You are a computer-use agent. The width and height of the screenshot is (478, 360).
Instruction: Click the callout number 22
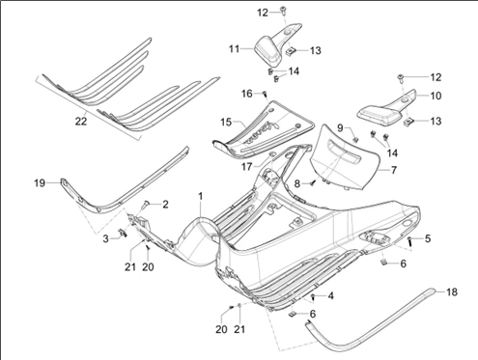point(81,122)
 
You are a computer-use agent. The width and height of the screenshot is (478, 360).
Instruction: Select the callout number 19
point(40,183)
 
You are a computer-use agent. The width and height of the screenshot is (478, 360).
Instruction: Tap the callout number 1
point(201,196)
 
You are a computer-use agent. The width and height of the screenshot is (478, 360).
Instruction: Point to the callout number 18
point(452,292)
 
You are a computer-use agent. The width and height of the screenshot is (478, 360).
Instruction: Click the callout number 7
point(394,170)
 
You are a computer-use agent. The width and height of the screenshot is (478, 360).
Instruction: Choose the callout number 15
point(226,123)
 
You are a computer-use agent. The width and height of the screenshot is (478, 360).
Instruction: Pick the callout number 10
point(436,96)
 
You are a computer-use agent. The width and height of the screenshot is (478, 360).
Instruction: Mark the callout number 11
point(235,49)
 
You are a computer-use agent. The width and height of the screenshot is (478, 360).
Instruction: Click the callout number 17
point(246,167)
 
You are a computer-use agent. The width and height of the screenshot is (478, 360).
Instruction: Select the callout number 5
point(428,238)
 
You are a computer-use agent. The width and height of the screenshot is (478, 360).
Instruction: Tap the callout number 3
point(106,239)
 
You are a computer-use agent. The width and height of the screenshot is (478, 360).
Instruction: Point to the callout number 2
point(165,204)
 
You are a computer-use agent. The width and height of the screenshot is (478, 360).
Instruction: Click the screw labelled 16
point(265,94)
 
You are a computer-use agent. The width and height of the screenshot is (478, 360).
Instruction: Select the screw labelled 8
point(313,183)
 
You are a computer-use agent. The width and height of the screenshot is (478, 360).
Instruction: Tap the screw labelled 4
point(313,297)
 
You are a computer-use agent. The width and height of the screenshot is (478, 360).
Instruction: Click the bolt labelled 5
point(410,240)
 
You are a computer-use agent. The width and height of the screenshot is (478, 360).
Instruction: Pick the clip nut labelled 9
point(355,139)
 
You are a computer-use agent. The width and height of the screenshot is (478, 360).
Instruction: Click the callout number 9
point(341,127)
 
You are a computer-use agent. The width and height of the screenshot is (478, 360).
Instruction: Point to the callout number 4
point(330,296)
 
